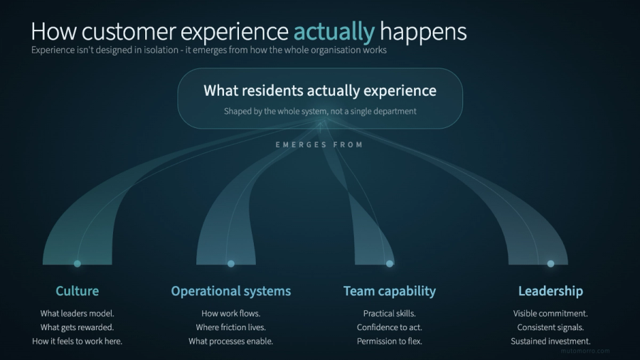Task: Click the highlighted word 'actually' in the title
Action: click(x=334, y=31)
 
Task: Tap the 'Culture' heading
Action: click(x=77, y=291)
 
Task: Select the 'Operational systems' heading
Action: click(x=230, y=291)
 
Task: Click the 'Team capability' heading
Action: click(x=389, y=291)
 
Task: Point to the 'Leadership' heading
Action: click(x=550, y=291)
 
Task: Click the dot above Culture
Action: click(x=78, y=263)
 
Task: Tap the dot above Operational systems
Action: click(x=231, y=263)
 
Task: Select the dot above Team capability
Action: click(x=390, y=263)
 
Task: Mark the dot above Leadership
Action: click(x=550, y=263)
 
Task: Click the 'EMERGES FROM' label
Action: click(x=319, y=145)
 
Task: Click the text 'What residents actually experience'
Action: click(x=320, y=91)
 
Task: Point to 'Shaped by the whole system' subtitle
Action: click(x=320, y=111)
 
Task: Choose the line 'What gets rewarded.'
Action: click(x=77, y=327)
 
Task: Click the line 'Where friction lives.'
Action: click(x=230, y=327)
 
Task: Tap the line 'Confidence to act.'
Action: click(x=389, y=327)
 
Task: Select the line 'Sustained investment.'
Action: click(x=550, y=342)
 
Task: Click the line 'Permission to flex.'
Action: click(x=389, y=342)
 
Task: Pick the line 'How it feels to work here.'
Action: click(x=77, y=342)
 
